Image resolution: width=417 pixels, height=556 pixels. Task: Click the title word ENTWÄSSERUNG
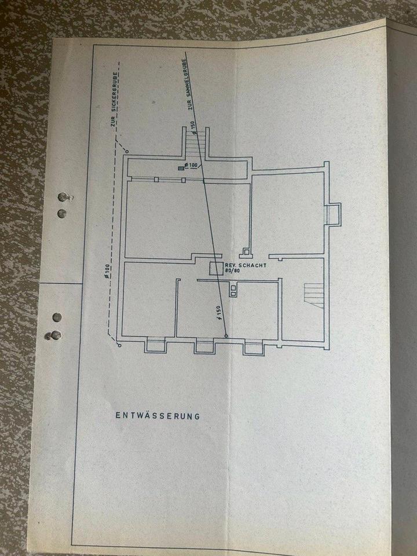158,415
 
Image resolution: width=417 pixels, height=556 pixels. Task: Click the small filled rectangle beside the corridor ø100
180,167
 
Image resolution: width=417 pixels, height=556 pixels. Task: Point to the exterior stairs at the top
195,141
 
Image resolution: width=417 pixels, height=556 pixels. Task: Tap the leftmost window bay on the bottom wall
155,346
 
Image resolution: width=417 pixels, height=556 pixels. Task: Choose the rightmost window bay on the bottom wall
254,347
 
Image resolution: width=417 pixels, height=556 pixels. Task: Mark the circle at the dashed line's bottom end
119,345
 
